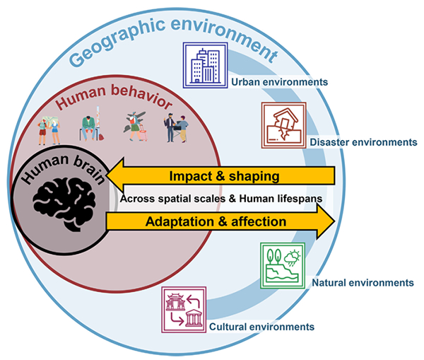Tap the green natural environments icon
[x=282, y=265]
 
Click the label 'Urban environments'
[x=279, y=82]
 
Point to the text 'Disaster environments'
[x=364, y=142]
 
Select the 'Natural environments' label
[x=362, y=282]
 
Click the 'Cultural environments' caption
[x=261, y=327]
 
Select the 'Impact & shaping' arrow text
[x=218, y=175]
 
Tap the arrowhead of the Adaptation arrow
[x=327, y=221]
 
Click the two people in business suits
[x=176, y=128]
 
